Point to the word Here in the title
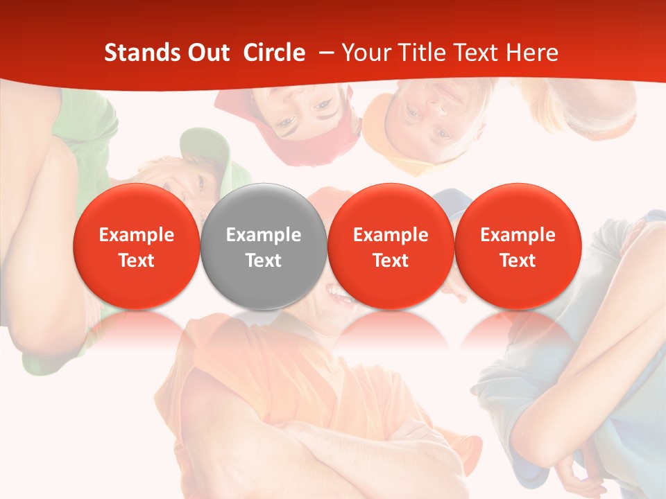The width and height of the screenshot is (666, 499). (532, 53)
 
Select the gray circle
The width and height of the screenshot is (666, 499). (264, 247)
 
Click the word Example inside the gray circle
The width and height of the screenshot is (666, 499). (264, 235)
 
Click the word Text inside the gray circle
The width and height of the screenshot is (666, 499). (264, 261)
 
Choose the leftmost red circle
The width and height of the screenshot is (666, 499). (137, 247)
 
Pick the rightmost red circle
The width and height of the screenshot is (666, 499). (518, 247)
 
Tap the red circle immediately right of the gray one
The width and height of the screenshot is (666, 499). (391, 247)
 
